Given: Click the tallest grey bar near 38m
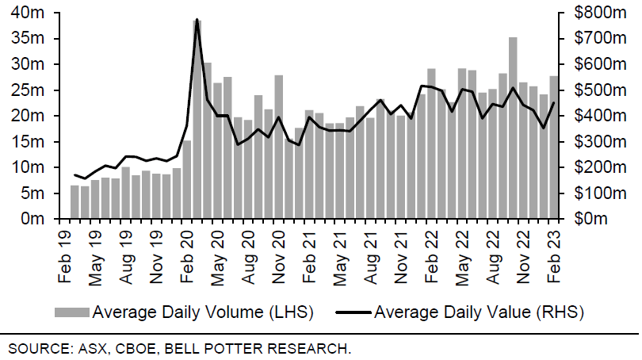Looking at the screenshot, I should point(197,119).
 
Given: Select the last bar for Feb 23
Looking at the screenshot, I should point(553,147).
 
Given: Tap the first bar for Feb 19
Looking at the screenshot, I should point(75,201).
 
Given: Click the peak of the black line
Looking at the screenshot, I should point(197,19).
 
